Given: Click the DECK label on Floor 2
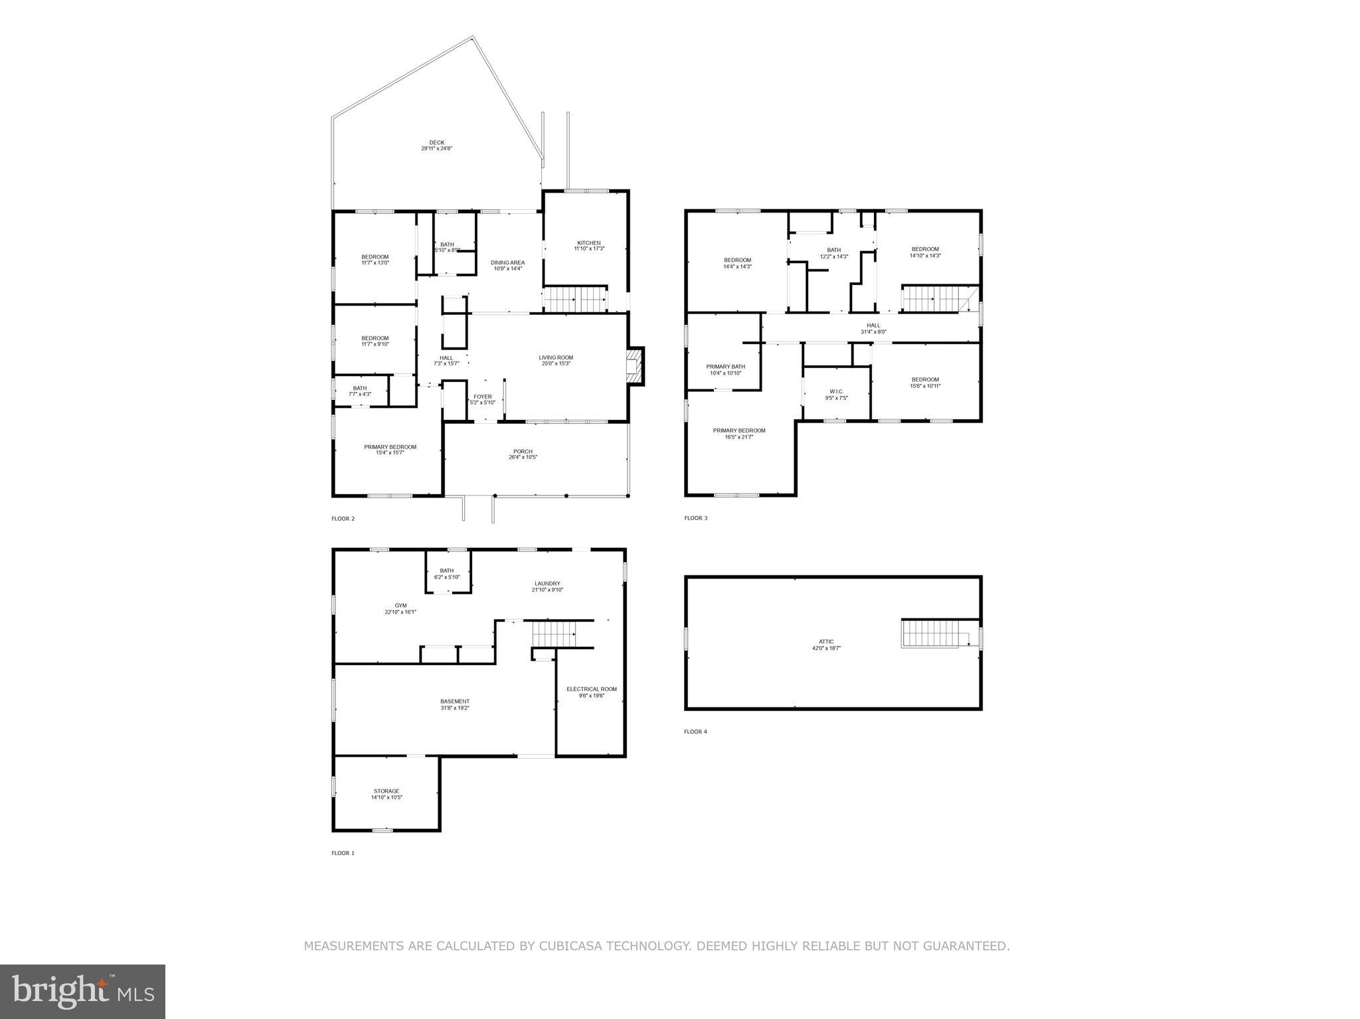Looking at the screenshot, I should (436, 143).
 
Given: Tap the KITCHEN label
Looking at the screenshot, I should (588, 243).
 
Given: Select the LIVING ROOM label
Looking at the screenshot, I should (556, 358).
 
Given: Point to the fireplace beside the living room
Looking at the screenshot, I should (636, 366).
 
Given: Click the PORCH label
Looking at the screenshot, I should (523, 452).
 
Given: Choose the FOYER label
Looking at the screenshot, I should (483, 397).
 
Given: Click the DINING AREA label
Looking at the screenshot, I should (507, 263).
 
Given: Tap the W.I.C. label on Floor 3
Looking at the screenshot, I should (836, 391).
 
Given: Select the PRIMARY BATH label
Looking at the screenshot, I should (725, 367).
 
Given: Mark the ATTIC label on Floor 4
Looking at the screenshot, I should (826, 642).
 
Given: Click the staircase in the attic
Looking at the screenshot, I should (932, 633).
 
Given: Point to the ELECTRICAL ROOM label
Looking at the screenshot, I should (591, 690).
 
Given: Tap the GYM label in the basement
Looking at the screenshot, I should (400, 606).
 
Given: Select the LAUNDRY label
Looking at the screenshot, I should (547, 584).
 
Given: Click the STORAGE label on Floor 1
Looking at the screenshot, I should (386, 791).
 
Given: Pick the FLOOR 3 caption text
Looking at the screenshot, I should (695, 518).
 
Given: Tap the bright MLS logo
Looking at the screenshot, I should (82, 992).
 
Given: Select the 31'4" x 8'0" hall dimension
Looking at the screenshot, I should (873, 332).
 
